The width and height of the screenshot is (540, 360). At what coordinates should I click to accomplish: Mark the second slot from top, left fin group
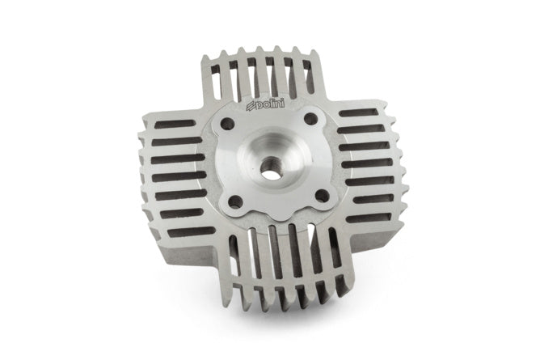(172, 141)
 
